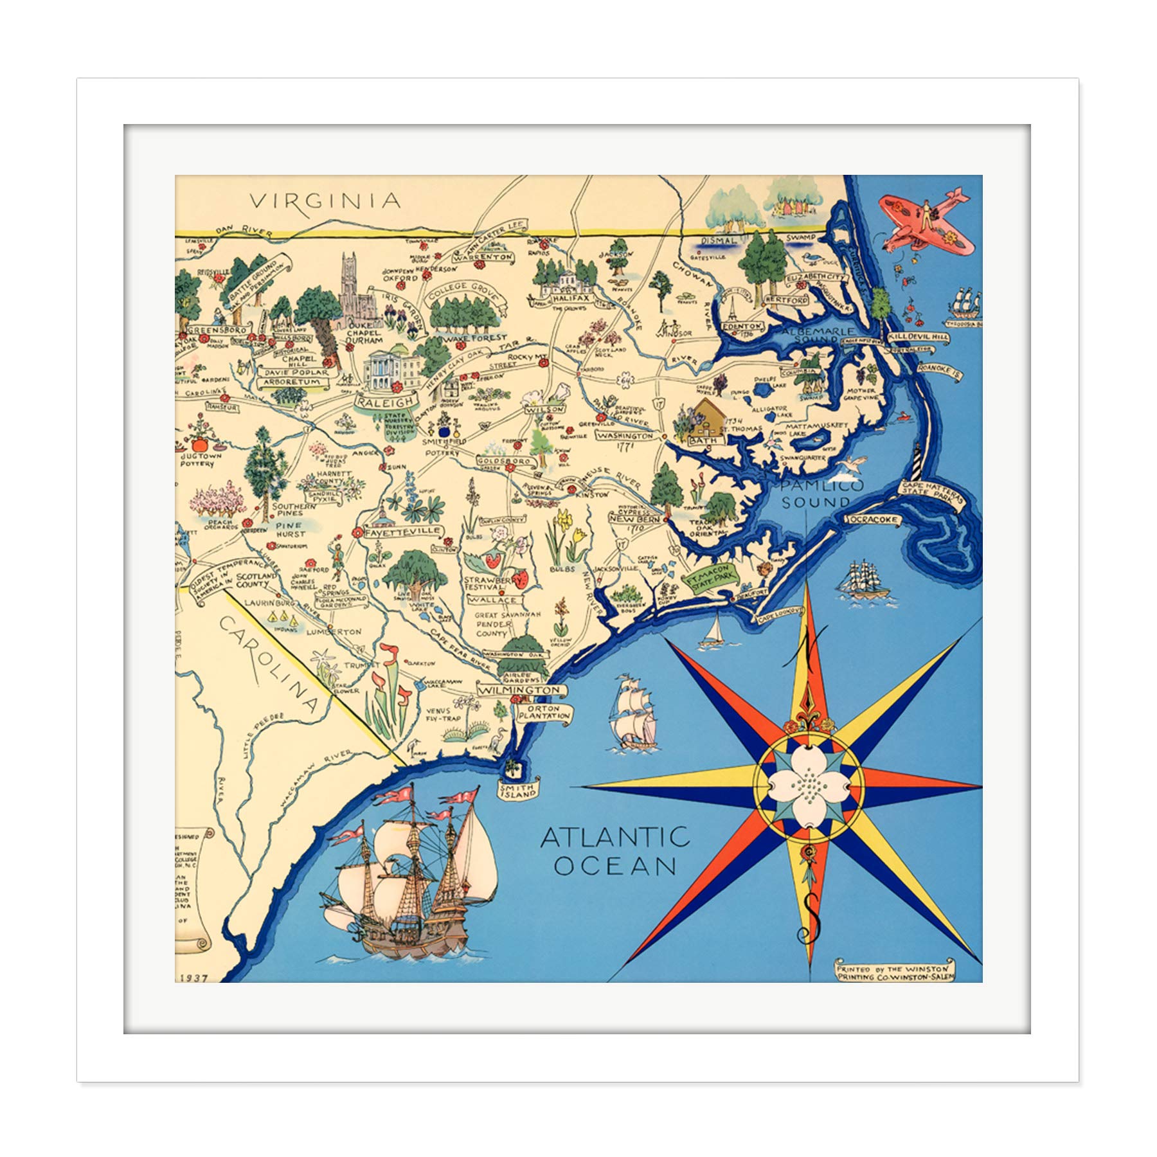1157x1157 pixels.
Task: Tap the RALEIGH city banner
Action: [x=385, y=402]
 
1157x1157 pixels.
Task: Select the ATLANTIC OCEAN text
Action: [x=615, y=852]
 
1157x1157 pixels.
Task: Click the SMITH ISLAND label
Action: [x=519, y=791]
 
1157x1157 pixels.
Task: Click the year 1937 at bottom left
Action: [x=190, y=978]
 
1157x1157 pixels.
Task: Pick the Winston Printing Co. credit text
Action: [x=895, y=971]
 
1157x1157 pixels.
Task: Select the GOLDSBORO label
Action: [x=505, y=462]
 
